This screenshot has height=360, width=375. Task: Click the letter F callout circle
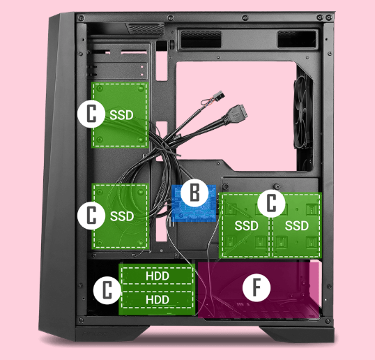[257, 287]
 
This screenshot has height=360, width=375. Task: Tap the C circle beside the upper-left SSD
[91, 114]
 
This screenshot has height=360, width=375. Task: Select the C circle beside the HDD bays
[107, 290]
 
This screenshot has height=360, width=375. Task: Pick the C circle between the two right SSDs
[271, 203]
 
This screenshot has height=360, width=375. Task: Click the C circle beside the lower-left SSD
[91, 215]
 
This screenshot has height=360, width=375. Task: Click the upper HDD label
[158, 276]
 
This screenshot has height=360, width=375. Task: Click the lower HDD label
[158, 299]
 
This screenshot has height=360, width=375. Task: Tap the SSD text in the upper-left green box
[121, 115]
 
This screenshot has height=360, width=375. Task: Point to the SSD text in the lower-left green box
[122, 216]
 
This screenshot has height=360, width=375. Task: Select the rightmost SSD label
[296, 226]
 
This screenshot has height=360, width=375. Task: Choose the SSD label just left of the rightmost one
[246, 226]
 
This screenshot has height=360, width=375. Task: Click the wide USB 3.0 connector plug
[236, 114]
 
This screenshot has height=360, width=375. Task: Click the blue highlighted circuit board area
[194, 204]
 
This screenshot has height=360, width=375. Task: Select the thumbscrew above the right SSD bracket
[277, 186]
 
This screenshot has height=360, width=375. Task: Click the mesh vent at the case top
[146, 29]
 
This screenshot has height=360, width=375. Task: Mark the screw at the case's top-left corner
[82, 17]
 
